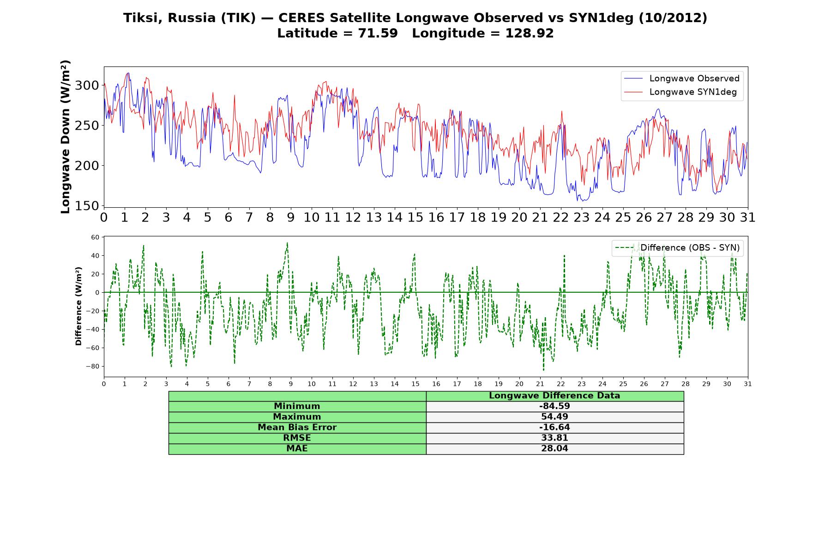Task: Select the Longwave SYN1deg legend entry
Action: click(x=680, y=92)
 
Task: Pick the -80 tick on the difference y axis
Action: click(x=92, y=367)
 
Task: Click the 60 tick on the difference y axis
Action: click(x=95, y=237)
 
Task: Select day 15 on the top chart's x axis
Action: click(x=415, y=217)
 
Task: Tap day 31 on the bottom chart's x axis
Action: click(x=748, y=384)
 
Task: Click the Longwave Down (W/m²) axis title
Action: click(x=65, y=137)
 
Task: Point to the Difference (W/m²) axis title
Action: click(x=78, y=306)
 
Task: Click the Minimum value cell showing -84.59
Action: click(x=554, y=406)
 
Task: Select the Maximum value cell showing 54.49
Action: click(x=554, y=417)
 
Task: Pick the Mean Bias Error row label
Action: click(x=297, y=428)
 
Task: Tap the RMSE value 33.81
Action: click(x=554, y=438)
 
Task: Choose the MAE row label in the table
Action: click(x=297, y=449)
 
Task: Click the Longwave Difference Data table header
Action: click(x=554, y=396)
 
